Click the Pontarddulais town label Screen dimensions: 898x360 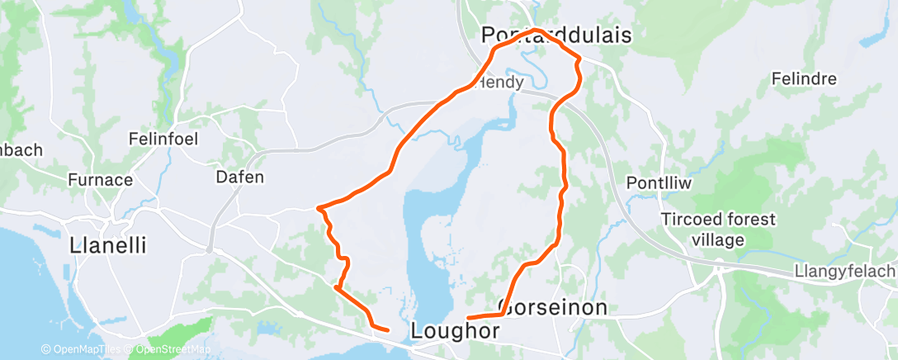[556, 36]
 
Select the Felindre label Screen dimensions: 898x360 [803, 79]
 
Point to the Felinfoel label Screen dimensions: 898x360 [163, 139]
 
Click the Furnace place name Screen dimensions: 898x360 [100, 179]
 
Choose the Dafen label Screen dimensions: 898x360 [239, 177]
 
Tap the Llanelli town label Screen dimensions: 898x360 [108, 245]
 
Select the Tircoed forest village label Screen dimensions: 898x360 [719, 230]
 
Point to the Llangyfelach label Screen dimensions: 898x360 [844, 272]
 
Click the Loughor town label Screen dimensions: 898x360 [455, 331]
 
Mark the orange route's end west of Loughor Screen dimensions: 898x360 [388, 330]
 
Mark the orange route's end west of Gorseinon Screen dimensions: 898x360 [469, 318]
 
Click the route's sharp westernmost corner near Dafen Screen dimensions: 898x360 [318, 207]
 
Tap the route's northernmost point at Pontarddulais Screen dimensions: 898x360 [536, 30]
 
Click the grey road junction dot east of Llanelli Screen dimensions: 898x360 [210, 248]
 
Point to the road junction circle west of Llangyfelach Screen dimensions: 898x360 [720, 265]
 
